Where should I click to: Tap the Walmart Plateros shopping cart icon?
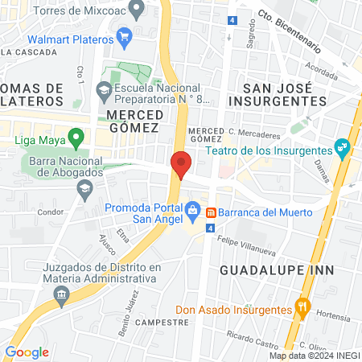[x=124, y=37]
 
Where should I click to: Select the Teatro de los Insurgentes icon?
[x=343, y=149]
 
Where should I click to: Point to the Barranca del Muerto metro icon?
[x=210, y=212]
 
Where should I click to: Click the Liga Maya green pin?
[x=76, y=138]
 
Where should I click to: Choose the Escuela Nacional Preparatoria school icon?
[x=103, y=89]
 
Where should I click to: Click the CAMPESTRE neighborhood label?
[x=162, y=321]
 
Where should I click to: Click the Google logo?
[x=27, y=352]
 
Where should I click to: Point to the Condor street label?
[x=51, y=213]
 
